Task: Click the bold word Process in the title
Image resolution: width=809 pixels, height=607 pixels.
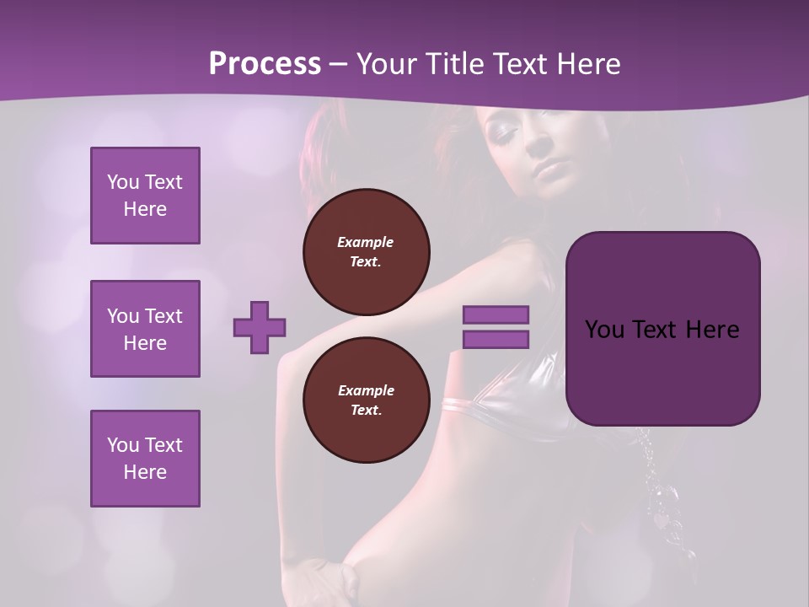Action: click(265, 63)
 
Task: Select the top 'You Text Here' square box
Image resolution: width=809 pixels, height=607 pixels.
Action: click(145, 196)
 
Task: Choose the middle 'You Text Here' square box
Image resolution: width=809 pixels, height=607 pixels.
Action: click(145, 329)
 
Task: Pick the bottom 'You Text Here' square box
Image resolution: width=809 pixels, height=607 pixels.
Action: click(145, 458)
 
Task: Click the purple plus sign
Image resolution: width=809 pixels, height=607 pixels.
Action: click(260, 327)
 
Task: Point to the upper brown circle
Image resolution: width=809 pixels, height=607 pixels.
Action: click(366, 251)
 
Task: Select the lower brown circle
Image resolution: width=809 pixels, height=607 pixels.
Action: click(366, 400)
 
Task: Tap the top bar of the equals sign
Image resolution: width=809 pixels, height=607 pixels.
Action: click(496, 314)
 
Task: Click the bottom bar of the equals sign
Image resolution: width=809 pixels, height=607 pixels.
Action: click(496, 339)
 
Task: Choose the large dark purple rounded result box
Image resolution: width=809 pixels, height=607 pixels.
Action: click(662, 329)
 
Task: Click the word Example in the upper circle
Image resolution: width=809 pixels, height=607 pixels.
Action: click(366, 242)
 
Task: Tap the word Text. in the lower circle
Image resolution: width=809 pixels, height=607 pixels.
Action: click(366, 410)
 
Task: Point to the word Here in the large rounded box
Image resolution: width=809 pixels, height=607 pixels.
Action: click(712, 330)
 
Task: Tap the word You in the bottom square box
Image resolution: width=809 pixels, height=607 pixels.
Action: click(123, 444)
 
